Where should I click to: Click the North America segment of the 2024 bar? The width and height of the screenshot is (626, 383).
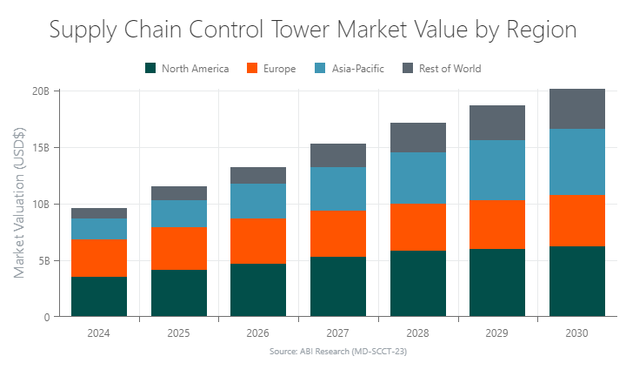coord(99,297)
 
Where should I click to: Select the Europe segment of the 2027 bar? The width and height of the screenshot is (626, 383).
coord(338,233)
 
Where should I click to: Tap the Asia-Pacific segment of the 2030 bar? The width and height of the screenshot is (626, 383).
coord(577,161)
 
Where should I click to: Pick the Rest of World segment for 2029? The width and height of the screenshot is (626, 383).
coord(497,123)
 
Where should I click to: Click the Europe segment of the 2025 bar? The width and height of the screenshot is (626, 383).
coord(179,248)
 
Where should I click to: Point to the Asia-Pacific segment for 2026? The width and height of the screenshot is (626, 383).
coord(258,201)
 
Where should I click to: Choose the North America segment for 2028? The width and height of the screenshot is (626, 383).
coord(418,284)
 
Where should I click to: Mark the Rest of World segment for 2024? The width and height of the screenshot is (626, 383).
coord(99,213)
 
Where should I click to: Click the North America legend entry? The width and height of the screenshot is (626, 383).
coord(192,68)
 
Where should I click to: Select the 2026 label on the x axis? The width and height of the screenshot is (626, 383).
coord(258,333)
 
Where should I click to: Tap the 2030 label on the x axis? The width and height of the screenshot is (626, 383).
coord(577,333)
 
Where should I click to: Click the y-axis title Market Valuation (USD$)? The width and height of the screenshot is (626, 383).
coord(19,204)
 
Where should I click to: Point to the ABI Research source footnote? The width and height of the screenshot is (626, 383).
coord(338,352)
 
